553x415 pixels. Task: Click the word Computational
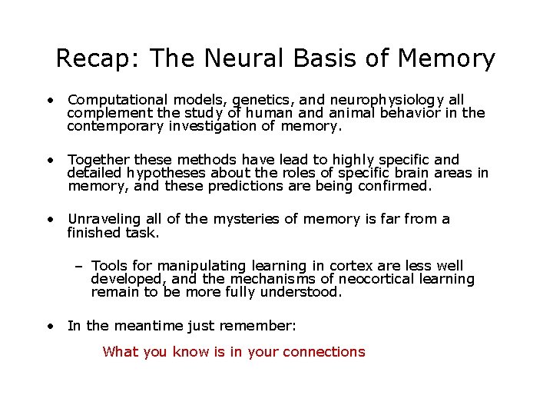(118, 100)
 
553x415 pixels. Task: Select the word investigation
(213, 126)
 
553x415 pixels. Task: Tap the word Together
(98, 160)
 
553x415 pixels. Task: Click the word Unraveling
(102, 219)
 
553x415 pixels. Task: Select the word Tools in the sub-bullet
(110, 266)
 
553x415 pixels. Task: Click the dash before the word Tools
(80, 266)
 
